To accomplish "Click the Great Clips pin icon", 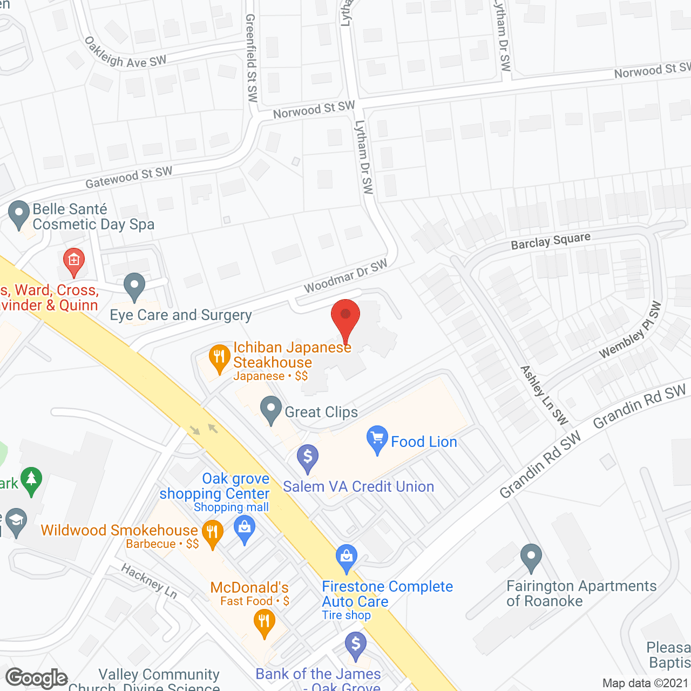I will [271, 410].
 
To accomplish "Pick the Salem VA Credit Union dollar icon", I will [308, 458].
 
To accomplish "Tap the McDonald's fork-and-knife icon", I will [264, 623].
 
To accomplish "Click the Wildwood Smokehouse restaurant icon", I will [212, 533].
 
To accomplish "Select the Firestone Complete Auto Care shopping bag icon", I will [347, 557].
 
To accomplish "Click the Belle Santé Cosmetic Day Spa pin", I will [19, 214].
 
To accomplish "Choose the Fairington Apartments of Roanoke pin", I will [531, 557].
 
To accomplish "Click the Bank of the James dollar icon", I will [356, 646].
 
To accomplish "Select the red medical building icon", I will [74, 261].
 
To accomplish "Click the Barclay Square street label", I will [551, 241].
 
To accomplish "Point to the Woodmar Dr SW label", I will [345, 276].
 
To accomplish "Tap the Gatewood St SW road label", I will [129, 177].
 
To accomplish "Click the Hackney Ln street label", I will [149, 580].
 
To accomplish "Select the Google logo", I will [37, 678].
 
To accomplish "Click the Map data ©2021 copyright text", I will [645, 683].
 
